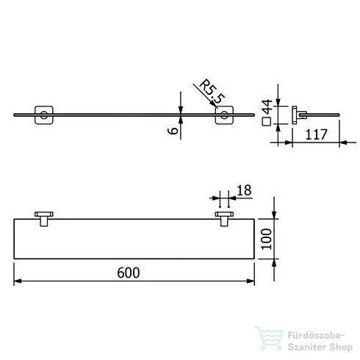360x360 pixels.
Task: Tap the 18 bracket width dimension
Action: (245, 191)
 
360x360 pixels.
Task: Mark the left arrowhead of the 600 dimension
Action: (18, 281)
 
